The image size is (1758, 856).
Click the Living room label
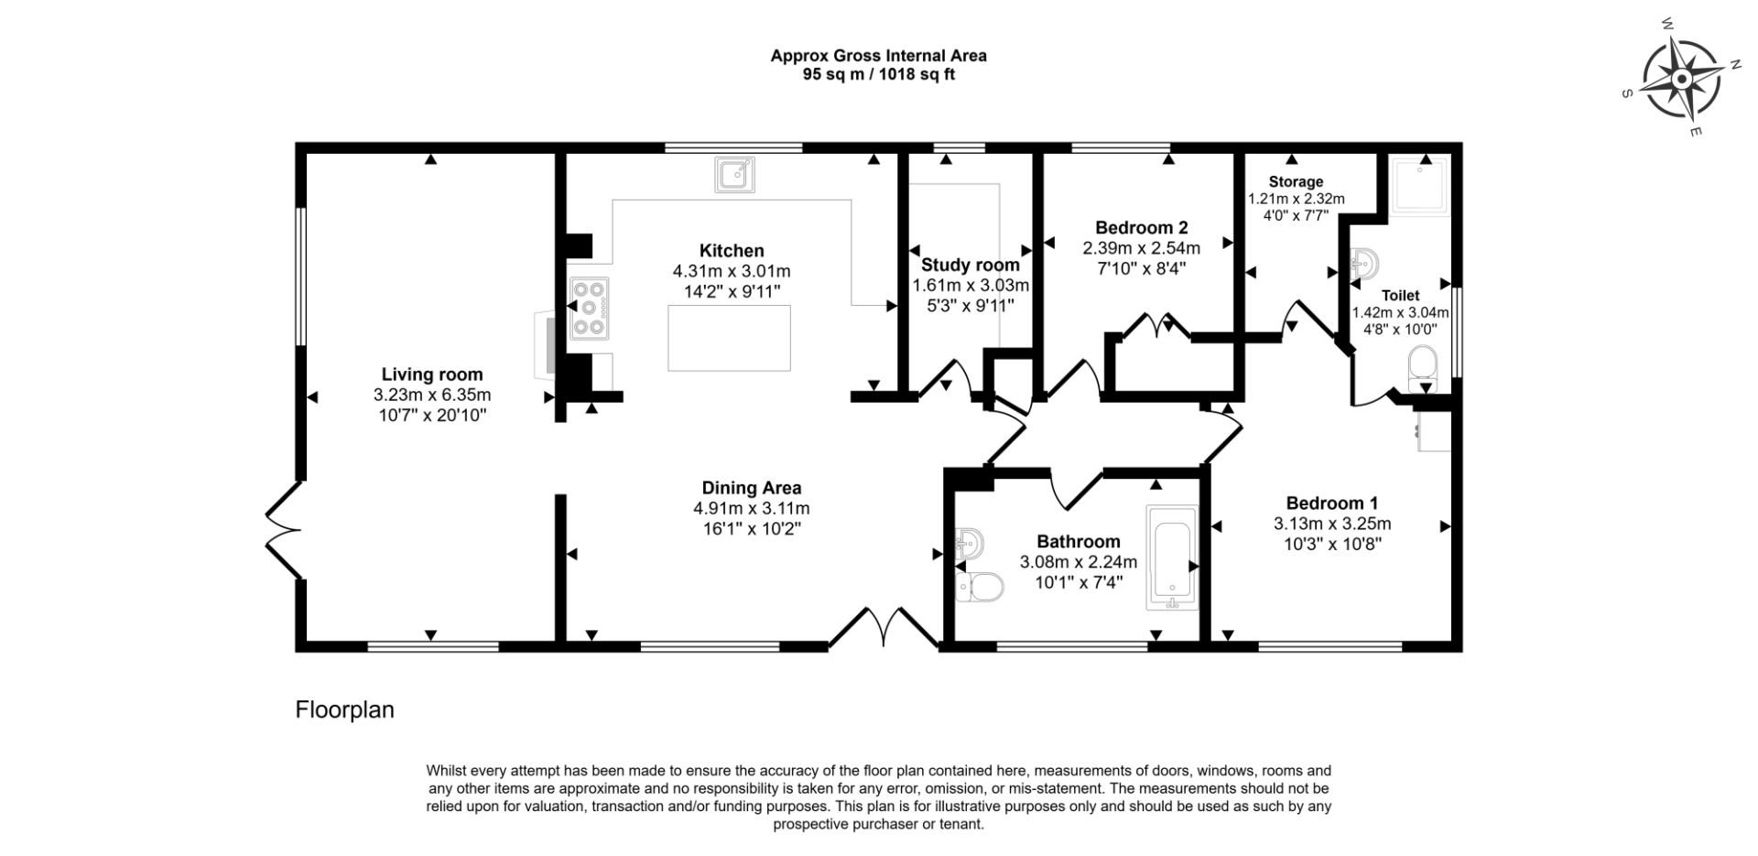(432, 374)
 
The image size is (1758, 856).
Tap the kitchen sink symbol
(734, 174)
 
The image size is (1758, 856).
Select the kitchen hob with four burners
(589, 309)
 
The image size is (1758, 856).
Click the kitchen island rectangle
(729, 339)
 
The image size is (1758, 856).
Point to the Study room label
(971, 265)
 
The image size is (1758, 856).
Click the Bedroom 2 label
(1142, 228)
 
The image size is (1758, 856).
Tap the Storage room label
(1296, 182)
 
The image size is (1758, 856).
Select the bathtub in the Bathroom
(1172, 558)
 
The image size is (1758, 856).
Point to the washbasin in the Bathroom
(969, 545)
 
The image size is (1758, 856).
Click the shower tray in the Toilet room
(1420, 186)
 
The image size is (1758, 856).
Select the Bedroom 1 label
(1331, 504)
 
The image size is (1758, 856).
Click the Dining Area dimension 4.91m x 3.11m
(752, 509)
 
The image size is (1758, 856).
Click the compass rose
(1681, 80)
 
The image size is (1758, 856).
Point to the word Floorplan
(344, 710)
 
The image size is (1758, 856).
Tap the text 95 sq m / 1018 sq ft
(879, 75)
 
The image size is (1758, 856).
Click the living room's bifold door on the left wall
(284, 530)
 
